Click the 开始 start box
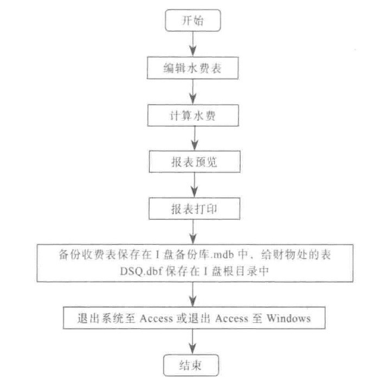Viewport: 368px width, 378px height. [193, 20]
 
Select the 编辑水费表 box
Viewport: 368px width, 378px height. [193, 68]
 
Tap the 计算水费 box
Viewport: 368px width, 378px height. [193, 115]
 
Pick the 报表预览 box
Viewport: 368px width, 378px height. [195, 161]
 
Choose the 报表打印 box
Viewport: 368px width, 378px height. [195, 208]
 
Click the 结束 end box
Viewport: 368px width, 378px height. [191, 365]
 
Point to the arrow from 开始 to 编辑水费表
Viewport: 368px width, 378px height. [193, 44]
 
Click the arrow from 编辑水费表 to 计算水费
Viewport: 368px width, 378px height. [193, 92]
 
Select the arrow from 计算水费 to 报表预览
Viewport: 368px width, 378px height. [195, 139]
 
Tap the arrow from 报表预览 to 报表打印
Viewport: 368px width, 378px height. [195, 185]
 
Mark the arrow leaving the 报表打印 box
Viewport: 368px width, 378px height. [193, 232]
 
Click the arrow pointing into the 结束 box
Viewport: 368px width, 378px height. [192, 342]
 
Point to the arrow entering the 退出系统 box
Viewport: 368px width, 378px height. [192, 295]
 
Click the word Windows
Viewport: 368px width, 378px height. [289, 318]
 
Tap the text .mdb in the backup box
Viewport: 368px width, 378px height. [222, 255]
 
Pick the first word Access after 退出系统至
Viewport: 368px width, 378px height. [156, 318]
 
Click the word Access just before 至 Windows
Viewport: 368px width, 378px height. [231, 318]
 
